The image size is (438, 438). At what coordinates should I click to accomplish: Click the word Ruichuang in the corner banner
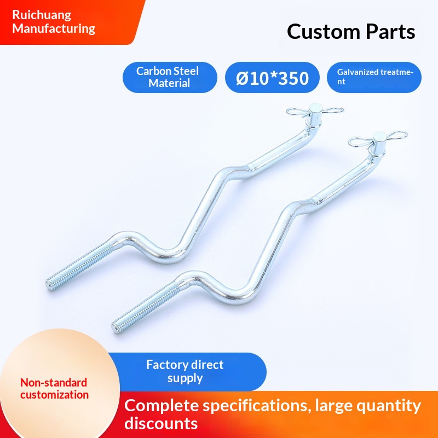[x=42, y=15]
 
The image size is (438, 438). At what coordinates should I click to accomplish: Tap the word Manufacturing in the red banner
[x=54, y=29]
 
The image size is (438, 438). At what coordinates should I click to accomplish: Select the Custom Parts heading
[x=351, y=31]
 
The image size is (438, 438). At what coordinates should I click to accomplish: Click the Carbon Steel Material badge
[x=170, y=77]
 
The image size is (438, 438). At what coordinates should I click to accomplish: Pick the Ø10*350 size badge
[x=273, y=78]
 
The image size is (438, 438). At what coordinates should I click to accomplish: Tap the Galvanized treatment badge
[x=374, y=77]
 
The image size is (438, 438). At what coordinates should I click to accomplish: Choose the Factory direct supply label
[x=185, y=371]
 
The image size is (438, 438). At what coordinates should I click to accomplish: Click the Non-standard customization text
[x=54, y=388]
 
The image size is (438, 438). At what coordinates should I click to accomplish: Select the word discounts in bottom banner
[x=161, y=423]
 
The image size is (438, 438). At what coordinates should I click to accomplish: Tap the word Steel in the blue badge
[x=185, y=71]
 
